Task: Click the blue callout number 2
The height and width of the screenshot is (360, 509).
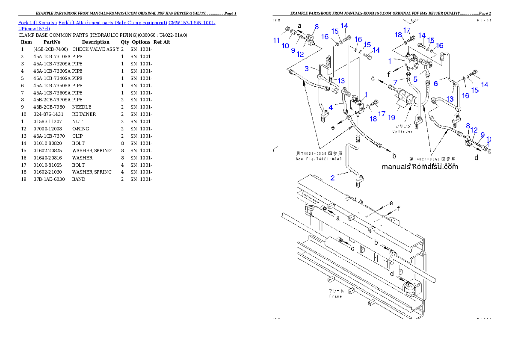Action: (x=332, y=177)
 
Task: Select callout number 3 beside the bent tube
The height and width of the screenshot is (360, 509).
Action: (x=307, y=68)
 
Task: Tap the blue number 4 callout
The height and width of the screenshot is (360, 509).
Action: (x=331, y=107)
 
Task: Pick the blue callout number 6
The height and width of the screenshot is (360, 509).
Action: (x=436, y=83)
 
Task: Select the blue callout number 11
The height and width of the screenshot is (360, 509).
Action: (x=277, y=41)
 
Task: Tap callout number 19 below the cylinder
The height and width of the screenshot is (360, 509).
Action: (x=391, y=117)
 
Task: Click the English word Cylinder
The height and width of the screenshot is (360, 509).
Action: (x=402, y=131)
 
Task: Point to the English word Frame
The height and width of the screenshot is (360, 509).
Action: (x=335, y=296)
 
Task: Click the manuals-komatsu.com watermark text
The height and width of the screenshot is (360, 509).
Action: (x=420, y=167)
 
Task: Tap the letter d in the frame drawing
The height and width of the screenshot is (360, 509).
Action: (x=392, y=272)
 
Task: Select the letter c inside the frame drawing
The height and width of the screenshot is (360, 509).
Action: (x=352, y=248)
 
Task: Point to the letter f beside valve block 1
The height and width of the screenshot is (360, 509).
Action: (x=388, y=74)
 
